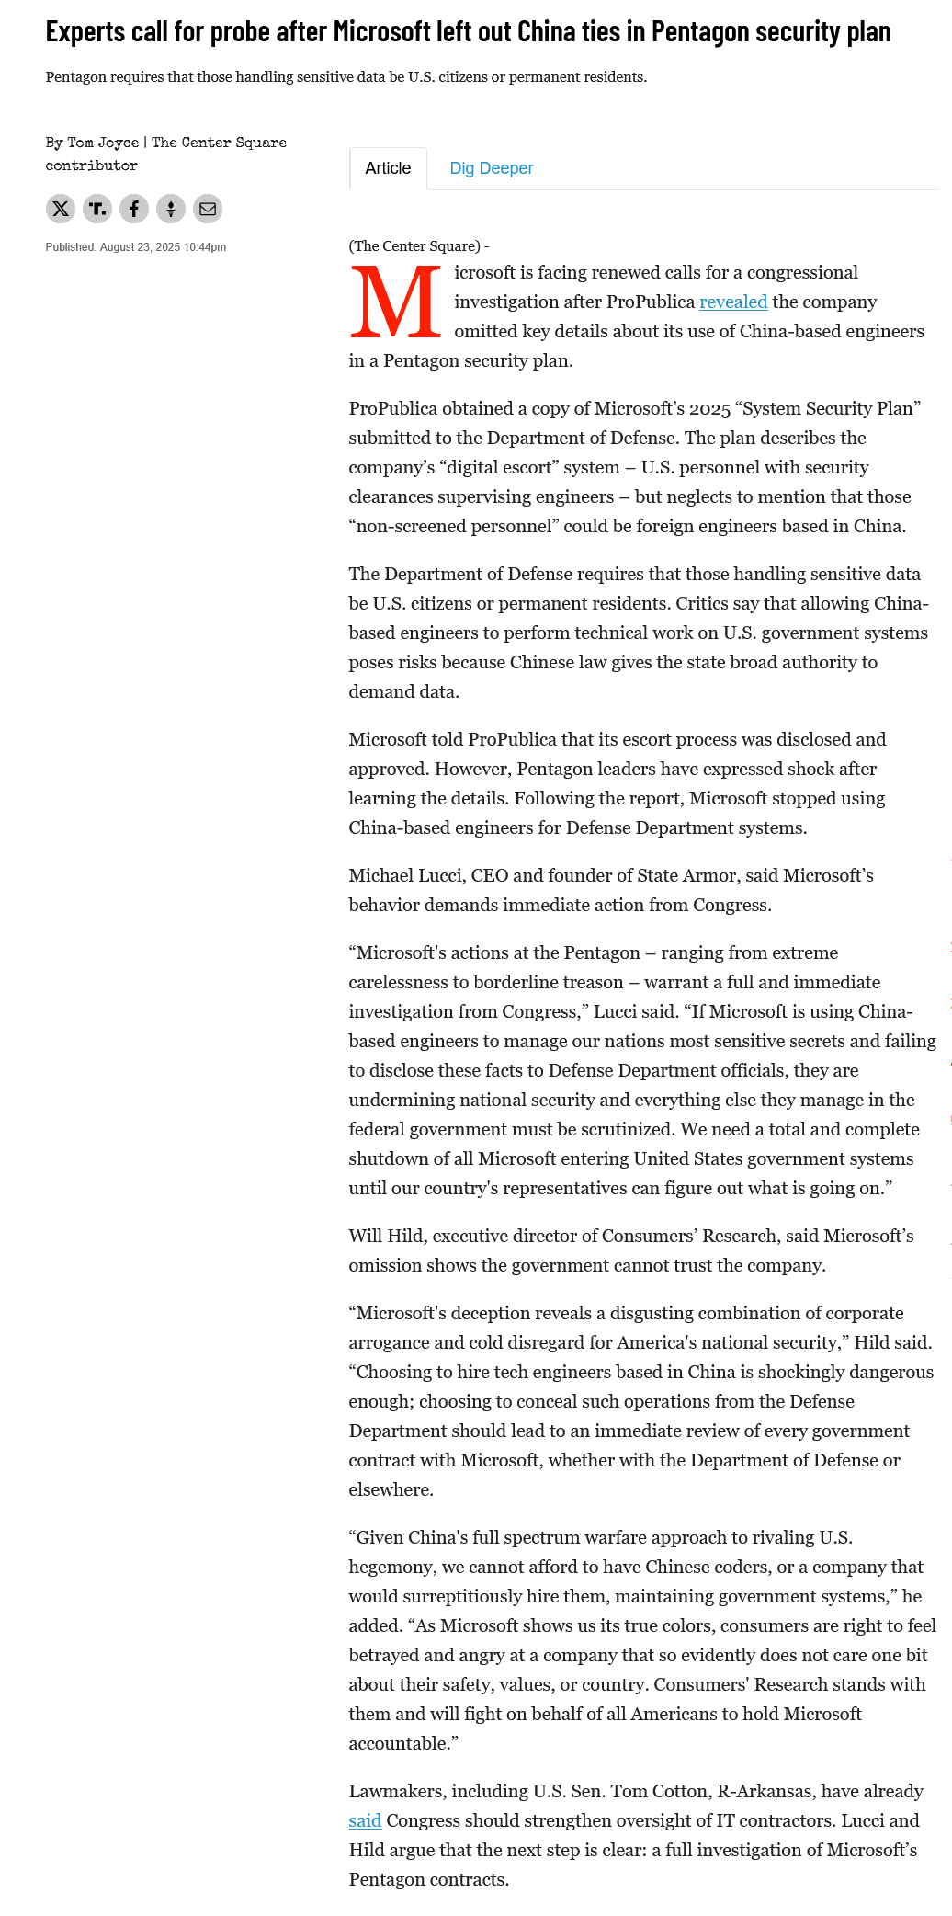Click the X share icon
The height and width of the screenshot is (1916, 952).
(61, 209)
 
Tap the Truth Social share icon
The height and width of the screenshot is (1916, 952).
(97, 209)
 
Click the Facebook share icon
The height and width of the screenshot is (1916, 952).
(134, 209)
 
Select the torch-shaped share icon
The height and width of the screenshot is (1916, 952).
(171, 209)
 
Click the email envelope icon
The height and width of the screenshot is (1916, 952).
(208, 209)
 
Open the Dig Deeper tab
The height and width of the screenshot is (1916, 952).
(491, 168)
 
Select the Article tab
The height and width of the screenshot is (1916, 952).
(388, 168)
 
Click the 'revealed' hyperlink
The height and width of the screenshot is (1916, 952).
(732, 302)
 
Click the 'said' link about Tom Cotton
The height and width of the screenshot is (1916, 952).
(365, 1820)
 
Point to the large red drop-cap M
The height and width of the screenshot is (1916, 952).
(395, 302)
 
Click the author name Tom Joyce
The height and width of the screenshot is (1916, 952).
(103, 143)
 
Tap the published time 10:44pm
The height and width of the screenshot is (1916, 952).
(204, 247)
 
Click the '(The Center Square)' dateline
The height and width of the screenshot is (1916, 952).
(414, 246)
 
